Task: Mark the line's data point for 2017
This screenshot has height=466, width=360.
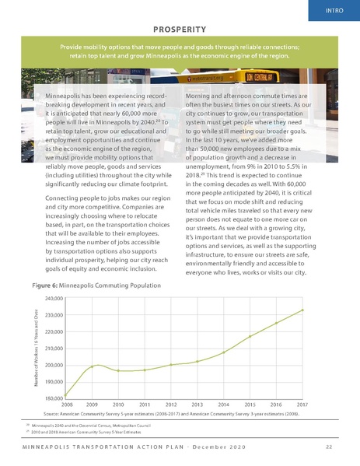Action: (302, 310)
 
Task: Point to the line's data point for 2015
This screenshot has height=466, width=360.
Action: (250, 336)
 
